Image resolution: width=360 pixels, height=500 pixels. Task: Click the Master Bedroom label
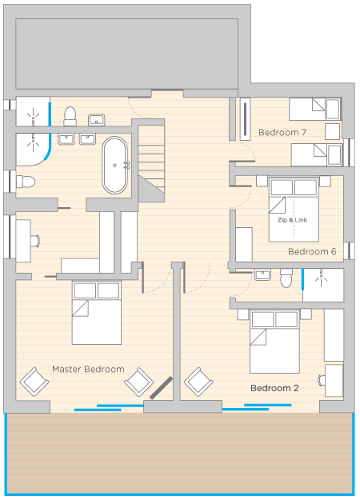88,370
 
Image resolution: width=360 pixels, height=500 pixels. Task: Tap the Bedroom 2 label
274,388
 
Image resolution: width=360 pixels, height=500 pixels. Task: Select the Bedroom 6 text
312,251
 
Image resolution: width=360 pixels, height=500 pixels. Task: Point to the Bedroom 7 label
282,132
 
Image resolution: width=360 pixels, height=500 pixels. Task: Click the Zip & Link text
292,220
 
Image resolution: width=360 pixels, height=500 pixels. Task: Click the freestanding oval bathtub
114,165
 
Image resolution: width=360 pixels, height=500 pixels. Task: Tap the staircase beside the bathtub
151,160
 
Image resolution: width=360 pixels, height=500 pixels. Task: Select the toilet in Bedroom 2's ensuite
286,278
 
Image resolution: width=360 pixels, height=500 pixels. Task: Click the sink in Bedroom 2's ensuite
262,274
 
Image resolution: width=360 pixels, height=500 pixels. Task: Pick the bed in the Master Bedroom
97,313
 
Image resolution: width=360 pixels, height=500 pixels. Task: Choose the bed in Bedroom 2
274,341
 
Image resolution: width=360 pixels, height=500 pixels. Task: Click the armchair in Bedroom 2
198,382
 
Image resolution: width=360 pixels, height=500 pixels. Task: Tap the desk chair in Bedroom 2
322,381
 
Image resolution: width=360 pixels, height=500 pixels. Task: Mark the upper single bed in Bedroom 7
314,109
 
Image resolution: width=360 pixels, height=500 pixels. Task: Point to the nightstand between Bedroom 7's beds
333,132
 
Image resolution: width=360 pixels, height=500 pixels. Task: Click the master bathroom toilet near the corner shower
26,182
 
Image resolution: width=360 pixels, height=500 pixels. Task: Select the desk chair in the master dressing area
35,241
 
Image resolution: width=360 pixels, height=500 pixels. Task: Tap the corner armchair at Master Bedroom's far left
34,382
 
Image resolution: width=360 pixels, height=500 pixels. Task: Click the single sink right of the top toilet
97,120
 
